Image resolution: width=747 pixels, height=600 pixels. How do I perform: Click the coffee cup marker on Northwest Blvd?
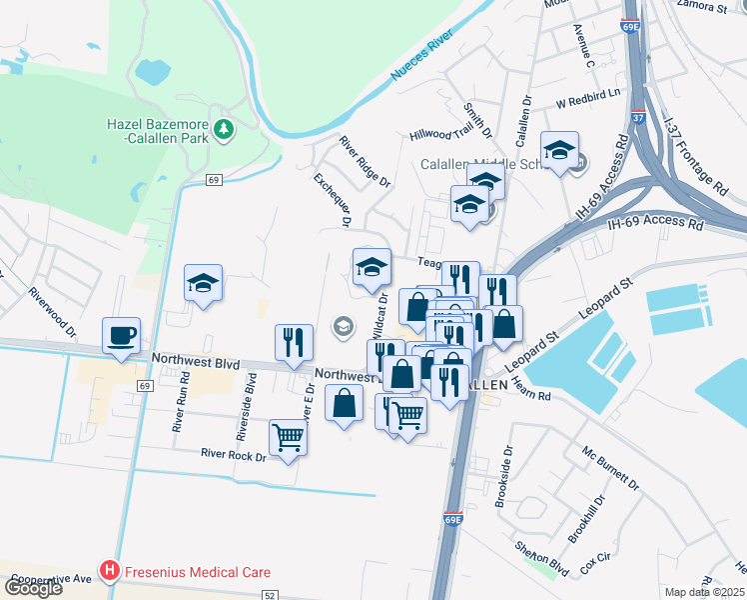tap(121, 336)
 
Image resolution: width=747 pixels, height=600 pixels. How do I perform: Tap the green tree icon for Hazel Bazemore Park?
tap(225, 128)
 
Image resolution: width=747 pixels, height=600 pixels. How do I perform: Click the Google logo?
tap(33, 588)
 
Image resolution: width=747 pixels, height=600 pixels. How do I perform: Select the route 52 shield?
tap(270, 595)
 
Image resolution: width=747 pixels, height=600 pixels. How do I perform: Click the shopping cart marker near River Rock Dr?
tap(288, 437)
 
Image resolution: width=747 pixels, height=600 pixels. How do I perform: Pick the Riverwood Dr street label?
tap(53, 310)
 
